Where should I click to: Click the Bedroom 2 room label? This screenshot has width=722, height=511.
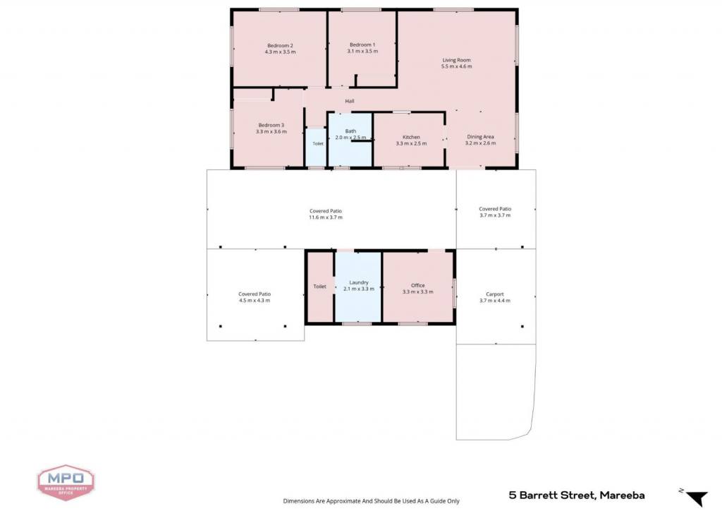point(280,46)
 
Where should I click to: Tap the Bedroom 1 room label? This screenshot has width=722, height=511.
point(362,44)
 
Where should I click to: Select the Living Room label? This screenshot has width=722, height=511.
point(456,60)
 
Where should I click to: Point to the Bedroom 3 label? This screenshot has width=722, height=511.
point(271,125)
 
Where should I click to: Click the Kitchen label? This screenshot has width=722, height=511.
point(411,137)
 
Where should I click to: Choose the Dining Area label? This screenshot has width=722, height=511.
point(480,136)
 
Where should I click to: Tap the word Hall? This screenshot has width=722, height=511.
point(350,101)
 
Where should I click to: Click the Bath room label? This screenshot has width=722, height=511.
point(350,131)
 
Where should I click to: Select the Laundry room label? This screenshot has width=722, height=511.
point(359,282)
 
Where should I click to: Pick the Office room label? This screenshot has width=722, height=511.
point(417,285)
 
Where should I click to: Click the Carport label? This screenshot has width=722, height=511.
point(494,294)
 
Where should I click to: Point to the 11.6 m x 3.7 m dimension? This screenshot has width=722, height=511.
point(326,217)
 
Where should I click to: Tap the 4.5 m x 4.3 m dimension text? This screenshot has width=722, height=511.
point(254,301)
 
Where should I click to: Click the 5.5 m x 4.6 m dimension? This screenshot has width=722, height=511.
point(456,66)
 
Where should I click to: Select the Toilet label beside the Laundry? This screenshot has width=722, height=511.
point(319,286)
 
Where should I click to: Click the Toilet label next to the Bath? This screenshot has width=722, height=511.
point(318,144)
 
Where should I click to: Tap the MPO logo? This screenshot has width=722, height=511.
point(66,483)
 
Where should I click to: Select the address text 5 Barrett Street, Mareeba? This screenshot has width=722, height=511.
point(577,495)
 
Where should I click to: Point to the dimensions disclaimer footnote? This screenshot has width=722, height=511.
point(371,501)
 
